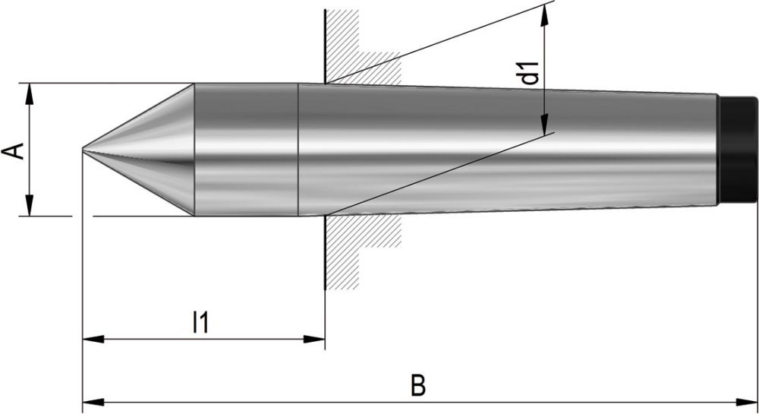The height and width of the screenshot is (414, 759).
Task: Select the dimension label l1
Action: pos(200,322)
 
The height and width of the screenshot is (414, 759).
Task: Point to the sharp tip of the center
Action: pos(83,149)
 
